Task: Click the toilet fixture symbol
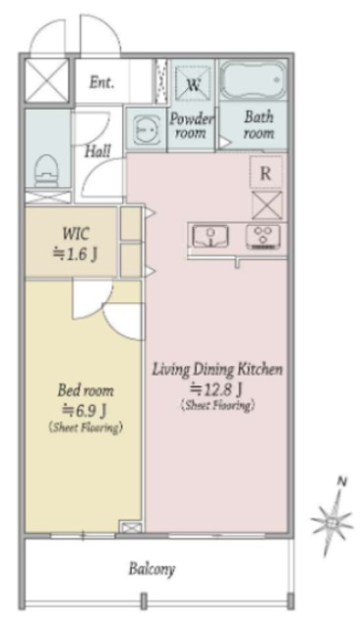click(x=47, y=171)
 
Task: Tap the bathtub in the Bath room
click(x=253, y=80)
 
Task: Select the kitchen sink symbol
click(x=210, y=237)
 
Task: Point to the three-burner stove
click(x=263, y=237)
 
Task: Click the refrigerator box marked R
click(x=266, y=172)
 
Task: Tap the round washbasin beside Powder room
click(x=145, y=129)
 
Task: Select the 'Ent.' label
click(x=102, y=82)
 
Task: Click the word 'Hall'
click(x=98, y=151)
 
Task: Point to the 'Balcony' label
click(x=152, y=569)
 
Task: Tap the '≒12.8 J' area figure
click(x=217, y=387)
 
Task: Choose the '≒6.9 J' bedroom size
click(x=85, y=409)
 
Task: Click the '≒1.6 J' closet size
click(x=75, y=254)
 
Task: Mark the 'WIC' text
click(x=76, y=234)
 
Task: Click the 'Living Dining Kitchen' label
click(x=217, y=369)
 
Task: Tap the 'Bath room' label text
click(x=259, y=125)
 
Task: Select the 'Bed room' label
click(x=85, y=390)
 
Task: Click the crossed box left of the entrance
click(x=47, y=80)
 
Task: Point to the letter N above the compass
click(x=342, y=482)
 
